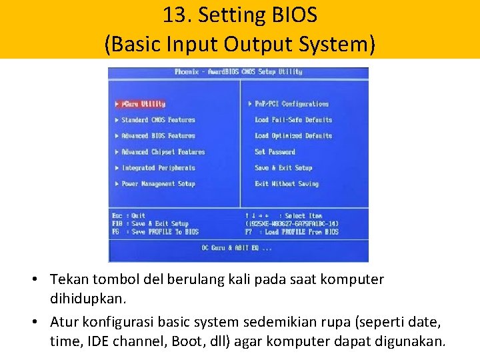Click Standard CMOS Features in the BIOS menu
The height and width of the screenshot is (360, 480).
pyautogui.click(x=158, y=120)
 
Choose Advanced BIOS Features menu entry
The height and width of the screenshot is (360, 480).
pyautogui.click(x=158, y=136)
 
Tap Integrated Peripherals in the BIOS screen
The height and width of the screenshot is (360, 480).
pyautogui.click(x=158, y=168)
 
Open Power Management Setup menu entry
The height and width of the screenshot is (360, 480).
pyautogui.click(x=158, y=184)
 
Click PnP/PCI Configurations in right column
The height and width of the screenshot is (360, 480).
pyautogui.click(x=291, y=104)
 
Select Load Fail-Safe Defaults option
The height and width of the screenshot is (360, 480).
pyautogui.click(x=293, y=120)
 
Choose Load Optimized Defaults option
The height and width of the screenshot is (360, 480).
pyautogui.click(x=293, y=136)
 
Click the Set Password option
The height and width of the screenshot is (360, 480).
pyautogui.click(x=275, y=152)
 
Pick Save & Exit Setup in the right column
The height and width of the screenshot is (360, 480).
pyautogui.click(x=283, y=168)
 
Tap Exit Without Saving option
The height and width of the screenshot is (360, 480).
pyautogui.click(x=287, y=184)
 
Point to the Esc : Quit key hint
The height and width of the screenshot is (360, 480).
pyautogui.click(x=129, y=216)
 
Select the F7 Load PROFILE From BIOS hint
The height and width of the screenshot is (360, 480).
pyautogui.click(x=292, y=232)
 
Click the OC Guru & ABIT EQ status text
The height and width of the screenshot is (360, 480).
pyautogui.click(x=237, y=248)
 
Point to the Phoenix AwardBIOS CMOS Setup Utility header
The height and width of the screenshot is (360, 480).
pyautogui.click(x=238, y=72)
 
